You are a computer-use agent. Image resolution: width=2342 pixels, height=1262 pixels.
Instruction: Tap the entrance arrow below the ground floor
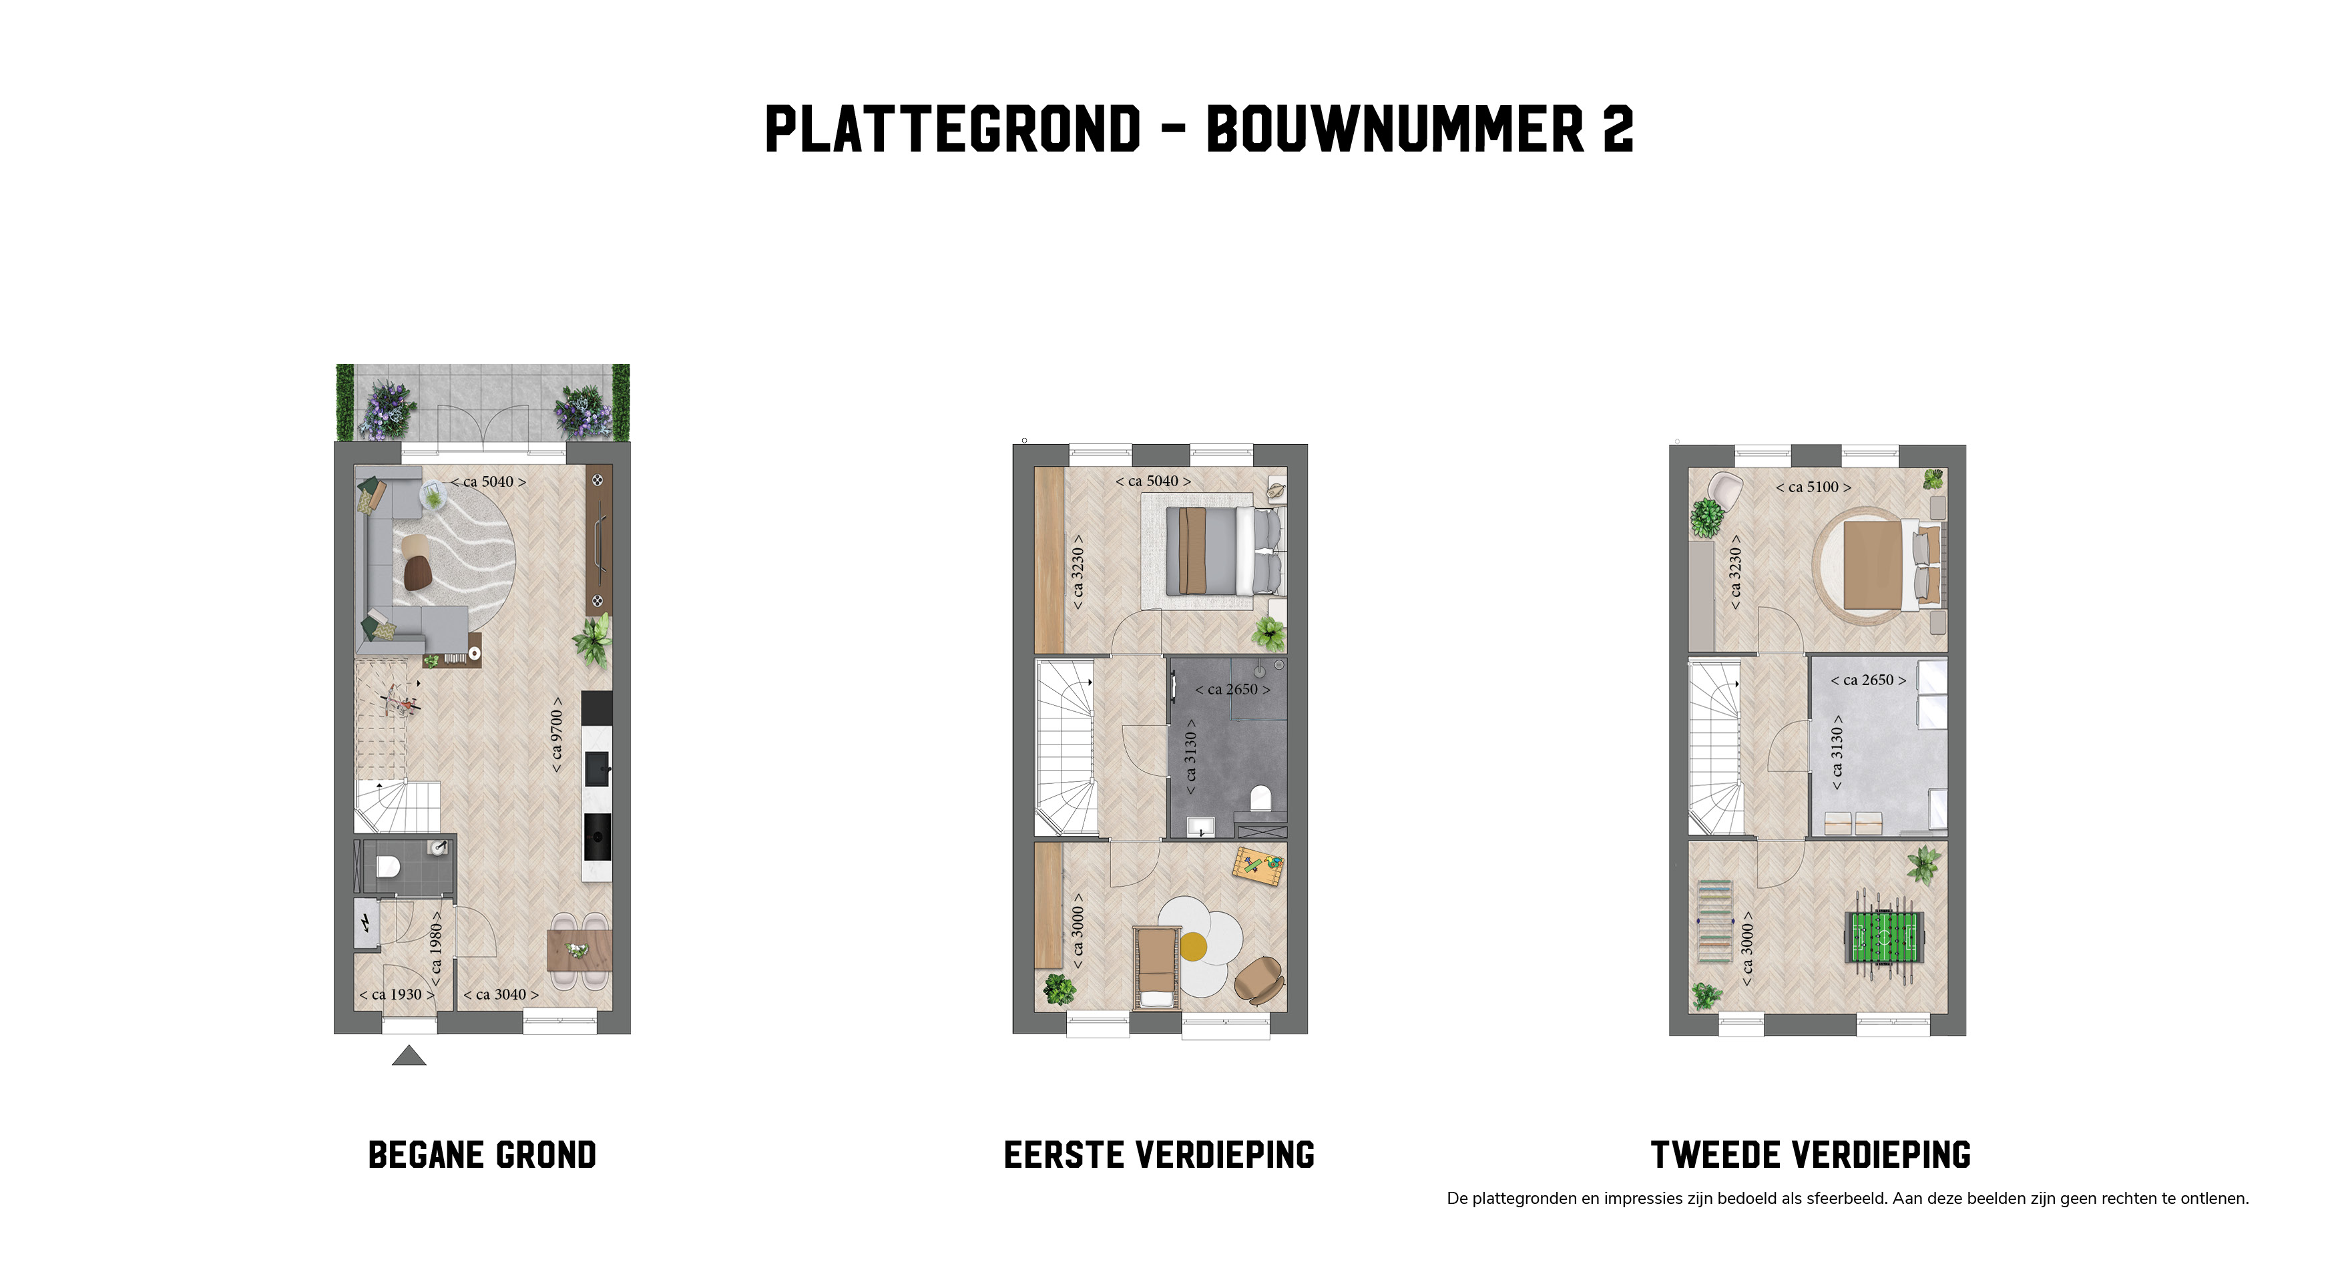pos(409,1055)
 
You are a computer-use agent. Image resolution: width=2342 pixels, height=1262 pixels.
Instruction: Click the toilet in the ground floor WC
pos(388,865)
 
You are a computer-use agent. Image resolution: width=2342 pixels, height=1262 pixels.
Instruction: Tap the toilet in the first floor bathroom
pos(1260,799)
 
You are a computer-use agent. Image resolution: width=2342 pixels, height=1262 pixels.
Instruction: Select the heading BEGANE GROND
pos(482,1154)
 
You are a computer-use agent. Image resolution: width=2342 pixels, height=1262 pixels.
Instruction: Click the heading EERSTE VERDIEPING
pos(1159,1154)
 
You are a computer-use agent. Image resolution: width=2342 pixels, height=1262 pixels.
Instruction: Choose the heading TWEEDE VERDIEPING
pos(1810,1154)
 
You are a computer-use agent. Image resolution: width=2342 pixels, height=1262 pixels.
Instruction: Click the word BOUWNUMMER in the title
pos(1395,129)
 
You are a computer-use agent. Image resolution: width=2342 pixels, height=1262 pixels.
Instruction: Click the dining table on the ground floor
pos(578,950)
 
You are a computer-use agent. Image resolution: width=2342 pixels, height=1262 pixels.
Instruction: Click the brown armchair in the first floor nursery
pos(1259,980)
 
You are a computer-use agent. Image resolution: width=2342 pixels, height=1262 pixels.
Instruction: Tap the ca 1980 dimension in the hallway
pos(435,948)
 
